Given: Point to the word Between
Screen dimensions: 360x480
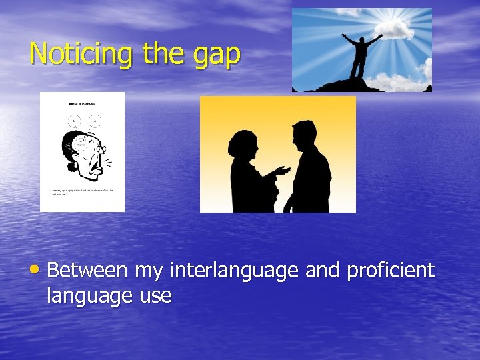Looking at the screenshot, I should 87,271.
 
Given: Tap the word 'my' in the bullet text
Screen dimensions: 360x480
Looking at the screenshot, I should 150,272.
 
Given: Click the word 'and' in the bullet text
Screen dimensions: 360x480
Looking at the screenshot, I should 322,271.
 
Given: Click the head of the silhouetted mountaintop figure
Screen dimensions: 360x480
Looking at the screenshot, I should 363,41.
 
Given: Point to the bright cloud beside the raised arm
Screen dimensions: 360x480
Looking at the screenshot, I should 401,28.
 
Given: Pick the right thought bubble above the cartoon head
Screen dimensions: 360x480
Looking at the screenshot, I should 95,121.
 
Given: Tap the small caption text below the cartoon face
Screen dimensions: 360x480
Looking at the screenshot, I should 83,192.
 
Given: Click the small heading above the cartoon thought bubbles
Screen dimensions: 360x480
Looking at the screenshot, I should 83,104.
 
